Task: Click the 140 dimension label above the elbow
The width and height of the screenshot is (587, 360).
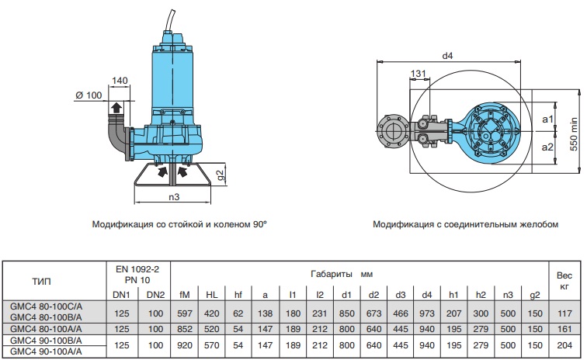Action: point(120,81)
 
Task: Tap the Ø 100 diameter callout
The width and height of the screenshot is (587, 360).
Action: point(89,95)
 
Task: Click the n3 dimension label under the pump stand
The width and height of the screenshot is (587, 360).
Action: point(174,196)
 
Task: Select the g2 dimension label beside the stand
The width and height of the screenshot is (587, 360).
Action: point(221,175)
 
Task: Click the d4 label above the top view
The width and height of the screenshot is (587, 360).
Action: point(447,56)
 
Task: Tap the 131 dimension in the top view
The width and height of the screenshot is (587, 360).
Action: point(418,74)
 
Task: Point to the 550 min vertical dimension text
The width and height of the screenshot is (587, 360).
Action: point(574,134)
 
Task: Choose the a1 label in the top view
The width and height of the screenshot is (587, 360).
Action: point(547,119)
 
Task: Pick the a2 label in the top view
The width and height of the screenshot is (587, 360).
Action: point(547,147)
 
